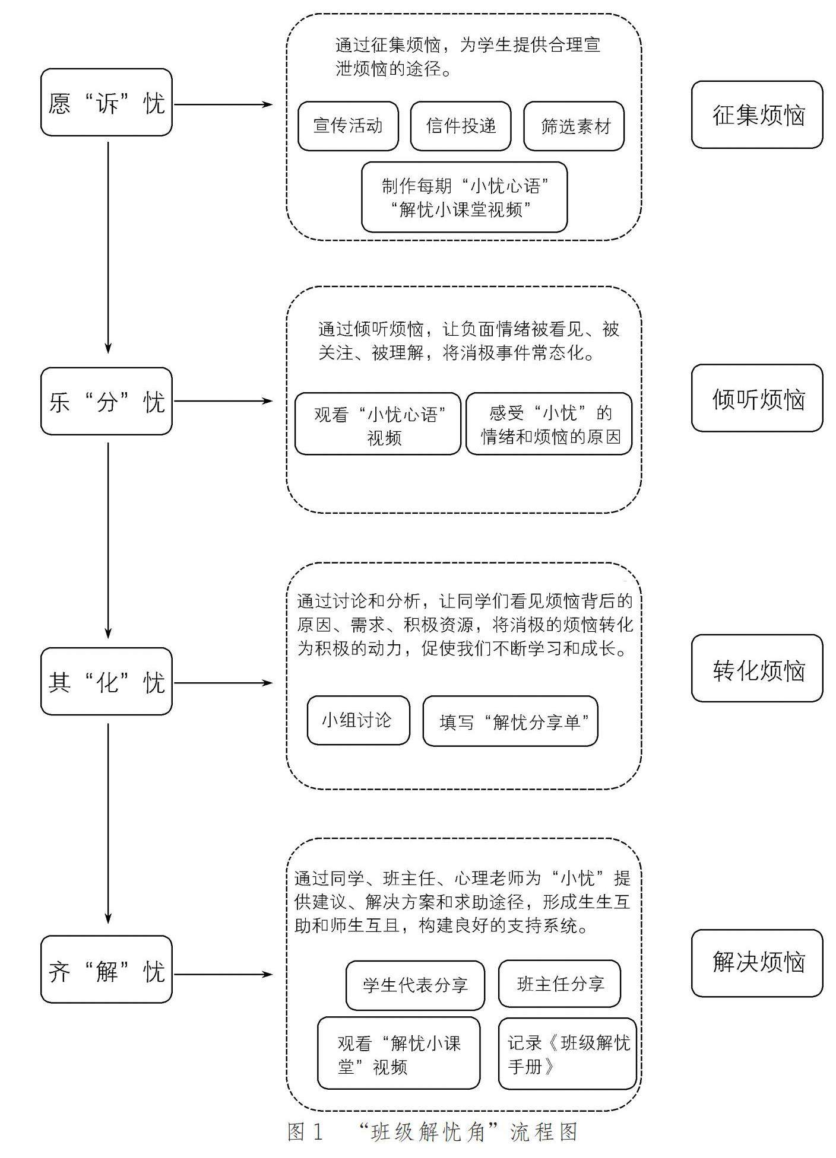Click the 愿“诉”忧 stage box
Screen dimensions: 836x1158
106,102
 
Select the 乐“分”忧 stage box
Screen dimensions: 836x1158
106,401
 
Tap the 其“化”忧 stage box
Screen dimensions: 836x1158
106,681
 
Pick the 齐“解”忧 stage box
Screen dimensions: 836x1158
106,969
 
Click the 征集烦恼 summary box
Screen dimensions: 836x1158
757,114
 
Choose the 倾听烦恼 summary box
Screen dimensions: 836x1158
757,398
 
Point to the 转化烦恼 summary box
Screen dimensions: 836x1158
757,669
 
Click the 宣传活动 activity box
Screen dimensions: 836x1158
348,126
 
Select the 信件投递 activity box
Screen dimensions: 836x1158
461,126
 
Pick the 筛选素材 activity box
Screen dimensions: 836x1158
574,126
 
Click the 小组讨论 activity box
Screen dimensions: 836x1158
359,720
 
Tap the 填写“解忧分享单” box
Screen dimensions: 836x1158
511,721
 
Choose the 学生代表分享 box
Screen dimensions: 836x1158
416,985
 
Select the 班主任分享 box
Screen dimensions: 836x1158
560,984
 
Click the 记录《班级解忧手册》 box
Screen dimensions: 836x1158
568,1054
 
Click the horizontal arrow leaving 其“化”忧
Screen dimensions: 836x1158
223,683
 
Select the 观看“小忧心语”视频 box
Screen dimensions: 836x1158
378,424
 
